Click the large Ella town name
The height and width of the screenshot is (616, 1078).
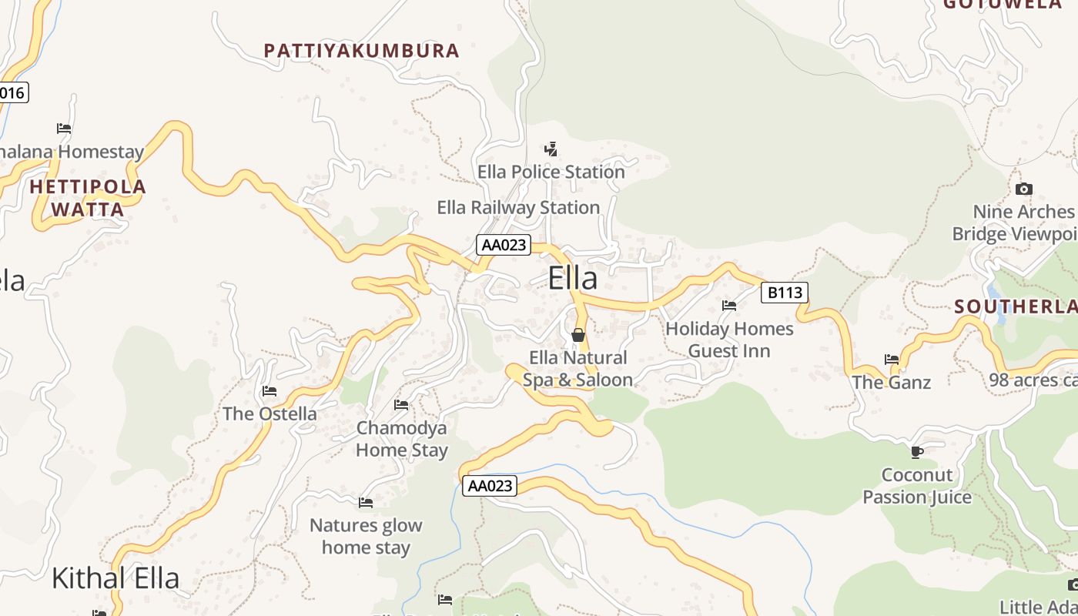click(x=573, y=278)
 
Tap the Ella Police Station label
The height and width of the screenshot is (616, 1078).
click(x=551, y=172)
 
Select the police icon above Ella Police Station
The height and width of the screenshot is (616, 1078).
click(x=551, y=149)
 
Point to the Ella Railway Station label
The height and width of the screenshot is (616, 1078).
click(x=518, y=207)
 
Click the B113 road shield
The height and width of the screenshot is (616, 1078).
click(x=785, y=292)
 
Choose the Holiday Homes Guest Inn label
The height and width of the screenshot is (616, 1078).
click(x=729, y=340)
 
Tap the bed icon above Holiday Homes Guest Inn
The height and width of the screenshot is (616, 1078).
click(x=729, y=306)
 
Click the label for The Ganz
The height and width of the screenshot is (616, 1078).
click(x=892, y=382)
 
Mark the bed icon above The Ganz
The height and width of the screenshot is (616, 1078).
click(x=892, y=359)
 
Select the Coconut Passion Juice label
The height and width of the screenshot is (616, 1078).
click(x=917, y=486)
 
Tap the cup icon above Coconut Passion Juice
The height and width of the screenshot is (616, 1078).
click(x=916, y=451)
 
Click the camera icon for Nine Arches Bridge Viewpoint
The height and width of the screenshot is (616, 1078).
click(x=1023, y=189)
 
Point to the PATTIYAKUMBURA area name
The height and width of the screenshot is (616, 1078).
click(x=361, y=51)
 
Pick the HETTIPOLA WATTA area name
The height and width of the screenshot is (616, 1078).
click(x=88, y=198)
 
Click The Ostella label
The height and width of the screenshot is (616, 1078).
click(x=269, y=413)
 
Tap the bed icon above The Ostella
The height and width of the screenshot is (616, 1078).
click(x=269, y=391)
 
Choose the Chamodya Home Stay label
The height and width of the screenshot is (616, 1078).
click(x=401, y=439)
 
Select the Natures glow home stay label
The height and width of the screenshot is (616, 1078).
click(x=366, y=537)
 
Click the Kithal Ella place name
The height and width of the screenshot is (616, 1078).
click(x=115, y=578)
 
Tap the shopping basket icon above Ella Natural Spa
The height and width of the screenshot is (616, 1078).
click(x=578, y=335)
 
